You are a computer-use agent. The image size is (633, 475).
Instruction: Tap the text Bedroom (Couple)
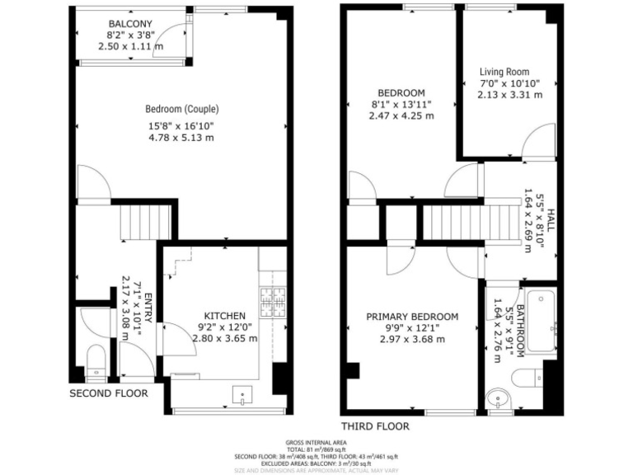tap(182, 109)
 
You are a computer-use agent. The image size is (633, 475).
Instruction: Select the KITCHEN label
tap(225, 316)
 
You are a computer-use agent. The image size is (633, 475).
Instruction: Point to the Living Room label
tap(504, 72)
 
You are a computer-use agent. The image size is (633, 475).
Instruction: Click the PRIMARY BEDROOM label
tap(412, 317)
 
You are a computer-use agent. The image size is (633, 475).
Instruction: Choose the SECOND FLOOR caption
tap(109, 393)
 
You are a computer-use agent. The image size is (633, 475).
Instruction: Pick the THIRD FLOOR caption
tap(375, 426)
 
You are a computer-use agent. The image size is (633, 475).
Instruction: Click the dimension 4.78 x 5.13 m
tap(181, 138)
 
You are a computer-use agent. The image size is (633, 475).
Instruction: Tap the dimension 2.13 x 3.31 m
tap(510, 95)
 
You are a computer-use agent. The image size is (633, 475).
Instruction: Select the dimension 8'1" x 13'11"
tap(401, 105)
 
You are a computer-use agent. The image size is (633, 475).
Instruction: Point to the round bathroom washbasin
tap(498, 399)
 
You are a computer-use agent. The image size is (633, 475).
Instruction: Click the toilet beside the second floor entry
tap(97, 360)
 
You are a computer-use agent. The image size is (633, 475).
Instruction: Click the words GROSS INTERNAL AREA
tap(316, 441)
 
